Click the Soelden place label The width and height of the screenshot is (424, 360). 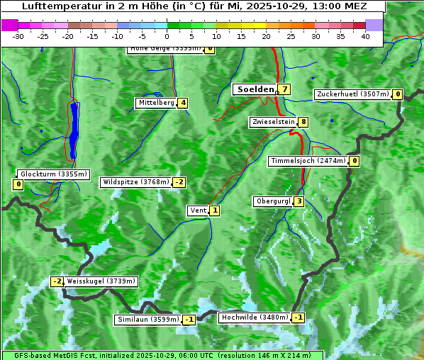pos(255,89)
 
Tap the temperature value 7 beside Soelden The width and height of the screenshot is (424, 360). pos(284,89)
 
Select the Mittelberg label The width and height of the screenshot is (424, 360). pos(156,103)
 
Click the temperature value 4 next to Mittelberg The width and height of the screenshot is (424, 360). pos(183,103)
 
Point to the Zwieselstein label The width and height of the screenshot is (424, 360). pos(273,122)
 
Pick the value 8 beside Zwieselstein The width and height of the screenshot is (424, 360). pos(303,122)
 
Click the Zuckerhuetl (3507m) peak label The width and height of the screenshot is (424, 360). pos(353,94)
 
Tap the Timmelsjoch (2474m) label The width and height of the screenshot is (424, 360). pos(308,161)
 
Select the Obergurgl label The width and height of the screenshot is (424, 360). pos(273,201)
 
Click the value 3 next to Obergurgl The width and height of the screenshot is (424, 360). pos(299,201)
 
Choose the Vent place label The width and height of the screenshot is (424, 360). pos(198,210)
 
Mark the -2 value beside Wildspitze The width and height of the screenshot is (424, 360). pos(179,182)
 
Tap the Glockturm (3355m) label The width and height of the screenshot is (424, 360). pos(53,174)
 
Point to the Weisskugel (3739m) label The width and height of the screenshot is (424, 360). pos(101,281)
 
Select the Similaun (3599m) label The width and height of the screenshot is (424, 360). pos(147,320)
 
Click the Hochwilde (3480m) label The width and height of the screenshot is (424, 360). pos(254,317)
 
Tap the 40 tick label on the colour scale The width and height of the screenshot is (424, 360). pos(365,35)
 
